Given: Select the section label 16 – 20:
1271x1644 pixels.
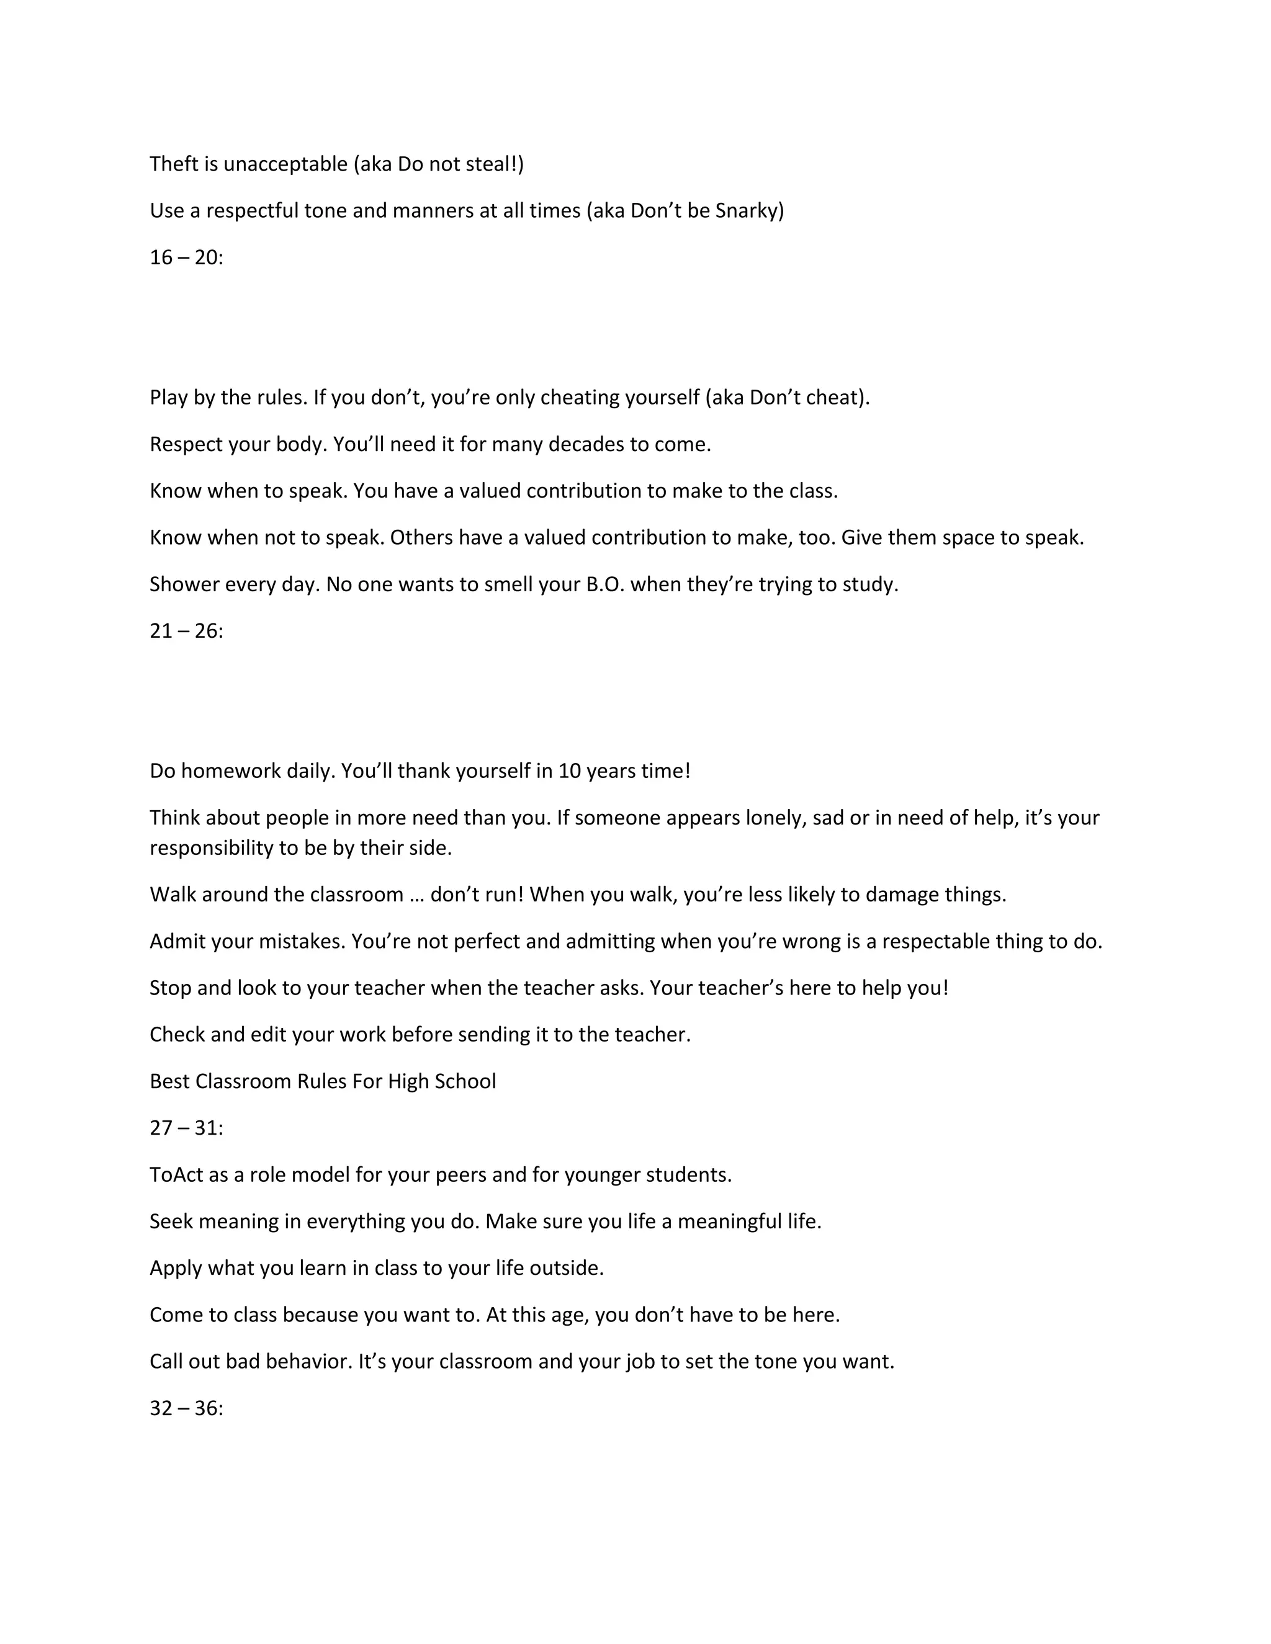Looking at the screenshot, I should coord(186,257).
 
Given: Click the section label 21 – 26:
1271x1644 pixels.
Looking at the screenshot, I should coord(186,631).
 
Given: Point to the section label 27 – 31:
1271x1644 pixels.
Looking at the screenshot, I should coord(186,1128).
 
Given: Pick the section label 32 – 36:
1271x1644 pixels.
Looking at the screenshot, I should coord(186,1408).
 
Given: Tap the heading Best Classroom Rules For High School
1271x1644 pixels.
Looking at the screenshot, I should coord(322,1081).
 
